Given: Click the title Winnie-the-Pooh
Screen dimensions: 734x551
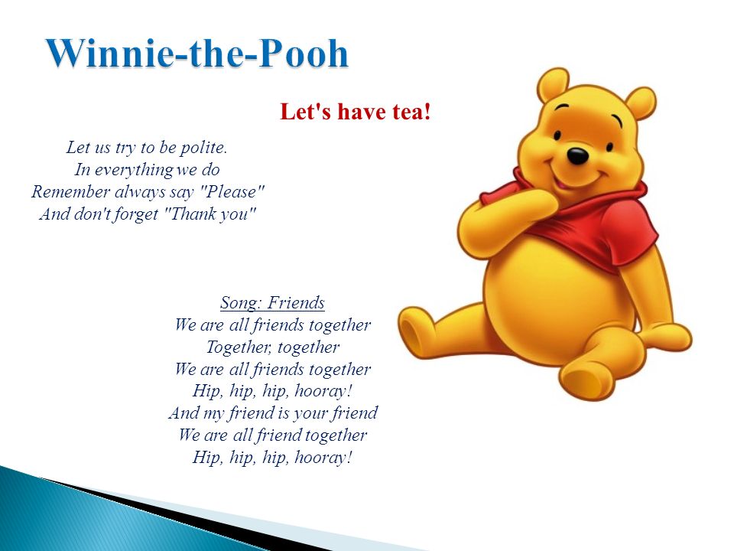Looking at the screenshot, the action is (197, 53).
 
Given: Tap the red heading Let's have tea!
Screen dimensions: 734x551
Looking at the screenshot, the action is (356, 112).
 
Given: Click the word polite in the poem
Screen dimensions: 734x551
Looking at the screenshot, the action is (203, 147).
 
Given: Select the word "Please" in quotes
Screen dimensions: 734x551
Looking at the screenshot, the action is (235, 191).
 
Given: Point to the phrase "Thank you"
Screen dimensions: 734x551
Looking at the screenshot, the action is (211, 214).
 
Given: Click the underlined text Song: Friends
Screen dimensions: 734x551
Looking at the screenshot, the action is (272, 303).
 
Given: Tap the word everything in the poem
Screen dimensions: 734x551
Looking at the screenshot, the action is (133, 170).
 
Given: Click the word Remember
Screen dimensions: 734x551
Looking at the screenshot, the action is (70, 191).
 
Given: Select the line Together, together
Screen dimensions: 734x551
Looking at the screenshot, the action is (273, 347).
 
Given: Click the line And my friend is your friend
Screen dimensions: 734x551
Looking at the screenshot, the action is (273, 412).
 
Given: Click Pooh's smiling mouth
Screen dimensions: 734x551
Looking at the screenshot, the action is (573, 178).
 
